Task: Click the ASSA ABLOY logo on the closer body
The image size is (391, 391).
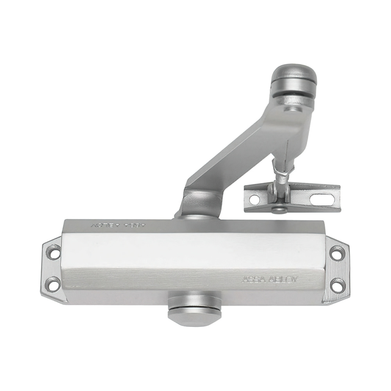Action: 271,279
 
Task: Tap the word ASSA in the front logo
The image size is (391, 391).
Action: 253,279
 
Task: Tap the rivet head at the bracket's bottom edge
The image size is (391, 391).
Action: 278,210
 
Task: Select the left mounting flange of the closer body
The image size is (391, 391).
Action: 51,266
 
